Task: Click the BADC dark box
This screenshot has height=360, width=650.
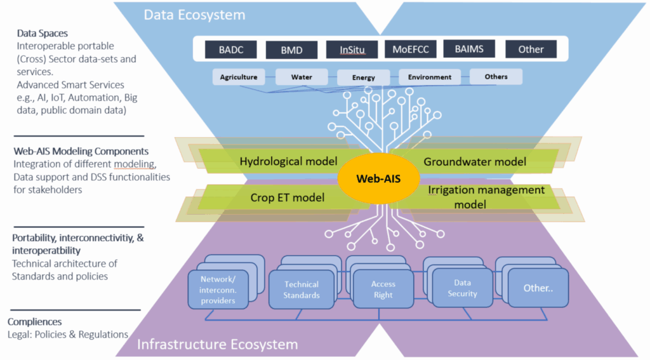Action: pos(231,50)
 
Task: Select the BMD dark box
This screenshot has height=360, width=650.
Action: pos(291,50)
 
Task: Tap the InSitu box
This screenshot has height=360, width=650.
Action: pos(352,50)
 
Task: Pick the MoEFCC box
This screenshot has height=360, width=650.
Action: pos(411,50)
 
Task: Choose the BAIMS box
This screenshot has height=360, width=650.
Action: pos(469,49)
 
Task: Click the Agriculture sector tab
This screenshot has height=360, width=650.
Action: pos(239,77)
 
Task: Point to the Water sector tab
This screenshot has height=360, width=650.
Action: pos(302,77)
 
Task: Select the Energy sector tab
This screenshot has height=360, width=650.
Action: pos(364,77)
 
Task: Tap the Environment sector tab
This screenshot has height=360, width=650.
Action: pos(430,77)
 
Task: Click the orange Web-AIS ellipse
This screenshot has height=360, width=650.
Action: pos(379,179)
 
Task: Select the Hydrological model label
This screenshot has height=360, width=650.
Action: pos(289,161)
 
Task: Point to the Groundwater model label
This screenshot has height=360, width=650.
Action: pos(475,162)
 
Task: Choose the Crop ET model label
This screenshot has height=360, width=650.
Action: pos(288,197)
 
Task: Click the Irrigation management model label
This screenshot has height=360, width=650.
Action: pos(486,197)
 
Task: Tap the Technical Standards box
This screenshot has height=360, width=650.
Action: pos(302,290)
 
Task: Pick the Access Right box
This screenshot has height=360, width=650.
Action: pos(383,289)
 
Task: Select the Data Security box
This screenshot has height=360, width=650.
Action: pos(462,288)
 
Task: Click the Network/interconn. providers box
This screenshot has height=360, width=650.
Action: pos(218,290)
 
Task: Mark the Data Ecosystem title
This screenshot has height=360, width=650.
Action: pos(194,15)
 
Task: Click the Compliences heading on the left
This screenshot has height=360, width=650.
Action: pos(34,322)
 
